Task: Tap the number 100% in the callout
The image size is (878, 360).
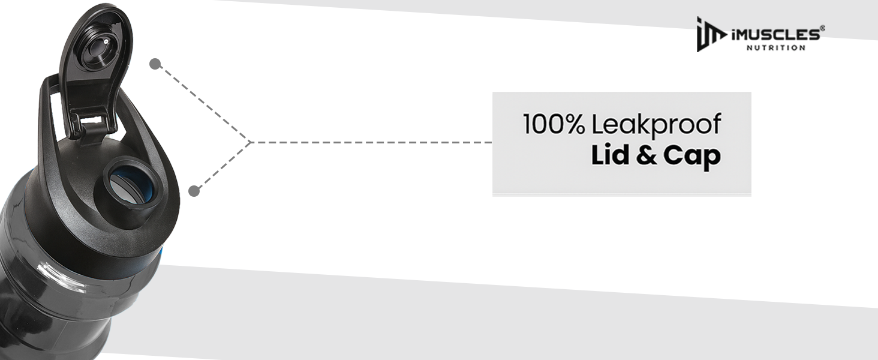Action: [554, 124]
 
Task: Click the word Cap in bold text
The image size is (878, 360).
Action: [692, 157]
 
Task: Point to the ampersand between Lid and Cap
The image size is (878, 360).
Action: [646, 155]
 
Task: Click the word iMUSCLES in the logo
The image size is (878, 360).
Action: [775, 35]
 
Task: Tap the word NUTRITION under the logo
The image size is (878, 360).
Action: [775, 48]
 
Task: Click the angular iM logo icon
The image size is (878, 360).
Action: [711, 35]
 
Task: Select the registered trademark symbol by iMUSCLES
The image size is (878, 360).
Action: [822, 28]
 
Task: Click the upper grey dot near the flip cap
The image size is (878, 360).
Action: [155, 64]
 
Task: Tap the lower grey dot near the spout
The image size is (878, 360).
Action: [194, 191]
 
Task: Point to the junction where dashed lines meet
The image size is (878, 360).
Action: [251, 142]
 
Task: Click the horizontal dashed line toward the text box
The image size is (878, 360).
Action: [371, 142]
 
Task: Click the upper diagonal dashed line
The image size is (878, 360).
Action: [203, 103]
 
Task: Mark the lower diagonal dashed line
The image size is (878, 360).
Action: [222, 167]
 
